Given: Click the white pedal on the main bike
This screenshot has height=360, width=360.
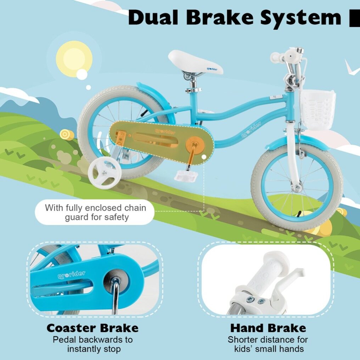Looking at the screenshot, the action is pos(186,176).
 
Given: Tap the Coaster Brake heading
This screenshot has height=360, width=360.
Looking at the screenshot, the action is pos(92,328).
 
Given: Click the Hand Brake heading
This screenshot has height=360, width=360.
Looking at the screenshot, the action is pos(268,328).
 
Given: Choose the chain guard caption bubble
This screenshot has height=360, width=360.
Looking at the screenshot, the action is pos(95,212).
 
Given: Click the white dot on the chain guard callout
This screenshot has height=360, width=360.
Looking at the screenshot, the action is pos(204,157).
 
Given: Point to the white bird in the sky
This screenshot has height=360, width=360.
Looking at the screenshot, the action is pos(353,67).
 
